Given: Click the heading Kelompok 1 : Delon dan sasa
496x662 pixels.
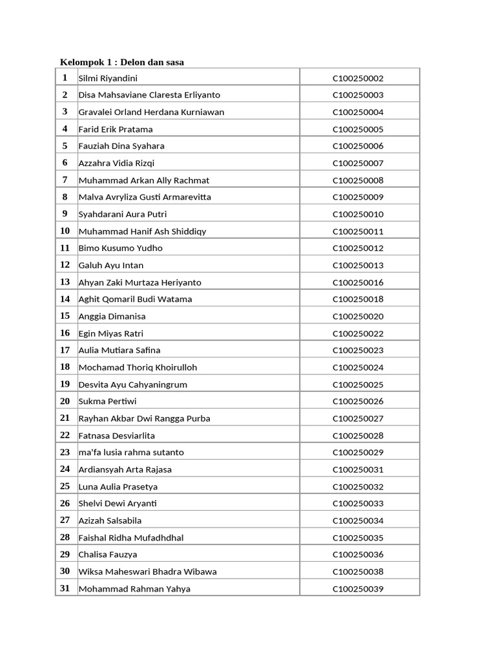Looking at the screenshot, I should coord(122,62).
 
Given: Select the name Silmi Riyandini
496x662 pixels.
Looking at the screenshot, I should coord(108,78).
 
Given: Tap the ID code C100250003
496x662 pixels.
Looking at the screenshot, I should coord(358,95).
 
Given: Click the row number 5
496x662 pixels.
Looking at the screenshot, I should coord(65,145).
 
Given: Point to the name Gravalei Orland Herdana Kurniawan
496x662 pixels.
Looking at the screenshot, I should coord(151,112).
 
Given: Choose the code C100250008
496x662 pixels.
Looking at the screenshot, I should coord(358,180).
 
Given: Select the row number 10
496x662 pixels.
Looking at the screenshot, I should coord(65,231).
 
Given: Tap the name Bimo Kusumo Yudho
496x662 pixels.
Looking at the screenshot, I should coord(120,248).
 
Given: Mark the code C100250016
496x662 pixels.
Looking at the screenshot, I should coord(358,283).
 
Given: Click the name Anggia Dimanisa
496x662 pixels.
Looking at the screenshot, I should coord(112,316).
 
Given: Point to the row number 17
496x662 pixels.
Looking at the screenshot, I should coord(65,350).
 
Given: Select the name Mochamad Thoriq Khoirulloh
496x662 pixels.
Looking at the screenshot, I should coord(138,367).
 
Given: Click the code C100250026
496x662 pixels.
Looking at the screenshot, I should coord(358,401).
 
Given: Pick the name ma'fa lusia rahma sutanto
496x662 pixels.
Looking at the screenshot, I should coord(131,453).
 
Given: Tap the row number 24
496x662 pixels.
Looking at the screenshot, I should coord(65,469).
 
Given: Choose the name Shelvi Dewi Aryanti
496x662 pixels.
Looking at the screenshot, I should coord(118,504).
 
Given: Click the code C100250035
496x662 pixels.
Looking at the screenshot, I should coord(358,538).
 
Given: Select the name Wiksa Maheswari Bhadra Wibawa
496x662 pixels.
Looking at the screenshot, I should coord(147,571).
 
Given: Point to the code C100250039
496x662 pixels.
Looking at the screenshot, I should coord(358,589).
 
